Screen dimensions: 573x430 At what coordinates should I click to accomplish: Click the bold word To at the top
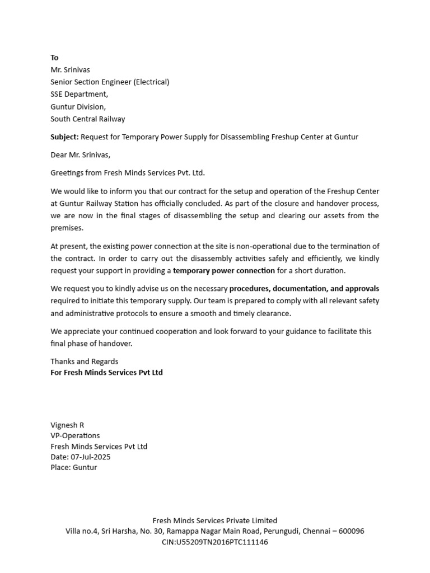click(x=54, y=58)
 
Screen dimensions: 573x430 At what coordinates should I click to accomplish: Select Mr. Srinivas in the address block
click(x=70, y=70)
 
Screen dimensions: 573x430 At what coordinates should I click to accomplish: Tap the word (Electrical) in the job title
click(x=151, y=82)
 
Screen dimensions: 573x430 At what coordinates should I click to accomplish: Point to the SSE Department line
click(x=79, y=95)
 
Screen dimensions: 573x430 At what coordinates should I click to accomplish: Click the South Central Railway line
click(x=87, y=119)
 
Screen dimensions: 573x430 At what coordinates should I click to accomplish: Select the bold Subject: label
click(x=64, y=137)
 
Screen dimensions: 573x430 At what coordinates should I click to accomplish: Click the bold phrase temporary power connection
click(x=224, y=271)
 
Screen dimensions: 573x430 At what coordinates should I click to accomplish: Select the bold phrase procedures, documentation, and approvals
click(x=304, y=289)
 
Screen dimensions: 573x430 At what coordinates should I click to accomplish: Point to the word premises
click(x=67, y=228)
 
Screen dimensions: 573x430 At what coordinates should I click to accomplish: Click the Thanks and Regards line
click(x=84, y=361)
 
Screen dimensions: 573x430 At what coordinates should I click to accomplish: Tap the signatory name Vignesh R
click(x=67, y=425)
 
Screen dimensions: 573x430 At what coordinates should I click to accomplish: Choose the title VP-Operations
click(x=75, y=436)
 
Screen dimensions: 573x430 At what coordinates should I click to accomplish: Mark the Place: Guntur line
click(x=73, y=468)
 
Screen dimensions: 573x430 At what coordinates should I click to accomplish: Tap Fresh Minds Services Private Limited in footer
click(x=215, y=521)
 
